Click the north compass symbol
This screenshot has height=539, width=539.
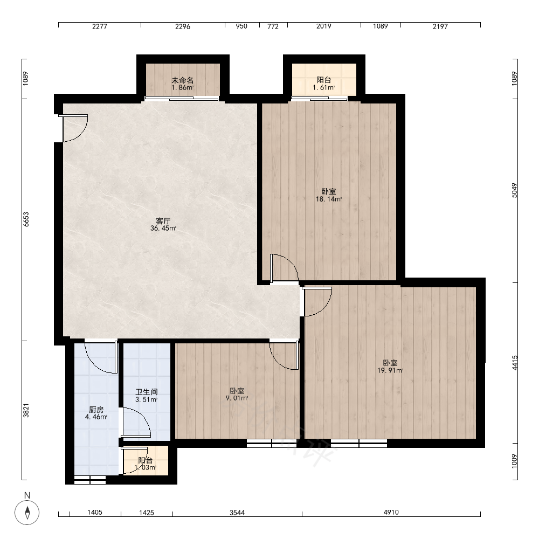click(x=27, y=512)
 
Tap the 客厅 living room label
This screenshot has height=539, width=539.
click(x=163, y=220)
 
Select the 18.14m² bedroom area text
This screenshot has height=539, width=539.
click(x=329, y=199)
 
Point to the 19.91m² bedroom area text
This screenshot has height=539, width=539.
click(x=390, y=371)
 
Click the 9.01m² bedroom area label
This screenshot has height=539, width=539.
click(x=237, y=398)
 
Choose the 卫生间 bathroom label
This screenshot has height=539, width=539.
click(x=147, y=392)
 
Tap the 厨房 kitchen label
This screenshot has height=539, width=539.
click(x=96, y=410)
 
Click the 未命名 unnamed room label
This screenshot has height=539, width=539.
click(x=183, y=80)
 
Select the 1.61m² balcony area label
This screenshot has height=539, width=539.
click(x=323, y=88)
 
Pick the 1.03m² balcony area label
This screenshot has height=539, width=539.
click(x=146, y=467)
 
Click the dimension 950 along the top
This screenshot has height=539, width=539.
click(x=241, y=26)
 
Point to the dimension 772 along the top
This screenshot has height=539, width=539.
click(x=273, y=26)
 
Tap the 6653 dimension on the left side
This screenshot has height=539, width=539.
click(x=26, y=219)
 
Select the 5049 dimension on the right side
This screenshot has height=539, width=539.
click(x=514, y=190)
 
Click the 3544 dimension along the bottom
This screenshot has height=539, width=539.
click(x=237, y=513)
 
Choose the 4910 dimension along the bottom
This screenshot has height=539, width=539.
click(x=391, y=512)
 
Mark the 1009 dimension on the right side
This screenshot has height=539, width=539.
click(x=514, y=461)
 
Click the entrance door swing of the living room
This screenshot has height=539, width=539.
click(x=73, y=128)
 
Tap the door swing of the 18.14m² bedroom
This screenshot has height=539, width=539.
click(x=284, y=268)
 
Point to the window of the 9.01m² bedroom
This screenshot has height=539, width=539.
click(x=272, y=444)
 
